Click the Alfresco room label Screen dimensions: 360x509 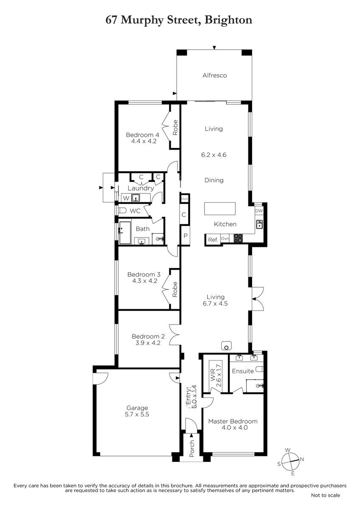214,75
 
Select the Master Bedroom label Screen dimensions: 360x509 233,421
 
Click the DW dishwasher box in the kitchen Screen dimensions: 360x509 259,211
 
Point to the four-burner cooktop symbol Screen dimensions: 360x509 238,238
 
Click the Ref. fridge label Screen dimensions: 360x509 213,240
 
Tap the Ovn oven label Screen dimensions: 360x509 225,238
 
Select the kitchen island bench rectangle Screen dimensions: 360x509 219,208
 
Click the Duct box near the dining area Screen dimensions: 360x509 185,199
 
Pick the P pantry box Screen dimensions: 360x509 186,236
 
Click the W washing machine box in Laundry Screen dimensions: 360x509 126,198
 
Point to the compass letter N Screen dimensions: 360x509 302,459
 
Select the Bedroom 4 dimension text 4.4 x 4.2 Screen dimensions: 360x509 144,141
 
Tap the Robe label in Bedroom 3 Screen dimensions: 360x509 174,289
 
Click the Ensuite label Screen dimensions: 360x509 243,371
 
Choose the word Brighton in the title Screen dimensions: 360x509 228,20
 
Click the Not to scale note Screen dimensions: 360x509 326,495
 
